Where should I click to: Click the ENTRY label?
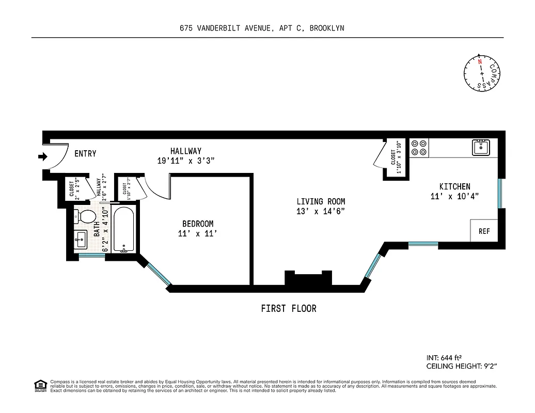85,154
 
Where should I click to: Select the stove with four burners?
419,148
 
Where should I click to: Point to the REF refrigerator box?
484,231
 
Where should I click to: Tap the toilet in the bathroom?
85,216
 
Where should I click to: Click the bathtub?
124,230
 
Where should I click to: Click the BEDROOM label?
198,224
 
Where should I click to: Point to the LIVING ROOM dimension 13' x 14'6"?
321,211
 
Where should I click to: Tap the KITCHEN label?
454,186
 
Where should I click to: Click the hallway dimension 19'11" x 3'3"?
186,161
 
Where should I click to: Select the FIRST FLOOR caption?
288,309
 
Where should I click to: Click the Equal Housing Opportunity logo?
39,385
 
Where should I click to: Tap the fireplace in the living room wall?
308,279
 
